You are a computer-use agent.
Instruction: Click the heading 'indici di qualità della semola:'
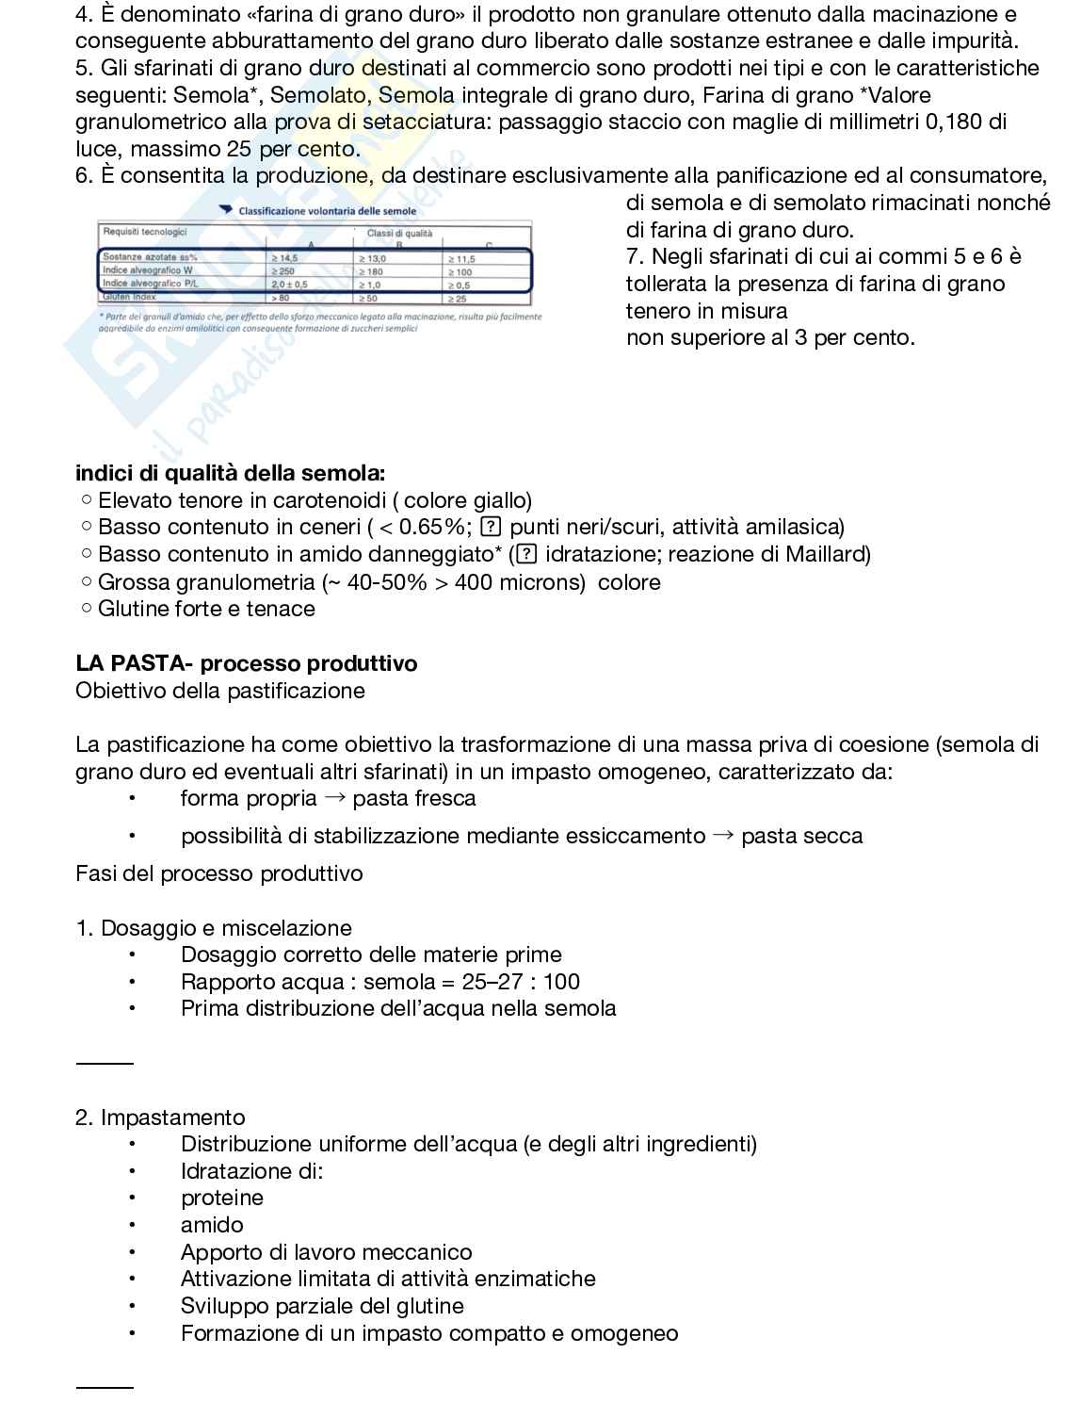click(230, 473)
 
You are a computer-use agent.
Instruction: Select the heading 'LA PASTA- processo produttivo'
click(246, 663)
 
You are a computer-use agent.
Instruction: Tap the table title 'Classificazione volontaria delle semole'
click(327, 211)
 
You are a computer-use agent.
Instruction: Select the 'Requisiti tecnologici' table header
click(145, 232)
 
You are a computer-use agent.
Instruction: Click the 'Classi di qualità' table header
click(399, 233)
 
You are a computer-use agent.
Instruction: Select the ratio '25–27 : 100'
click(521, 982)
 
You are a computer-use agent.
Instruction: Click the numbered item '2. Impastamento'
click(160, 1117)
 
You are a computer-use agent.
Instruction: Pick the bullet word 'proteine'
click(222, 1198)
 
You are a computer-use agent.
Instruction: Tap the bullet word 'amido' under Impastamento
click(212, 1225)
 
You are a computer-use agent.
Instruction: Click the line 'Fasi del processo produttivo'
click(218, 873)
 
